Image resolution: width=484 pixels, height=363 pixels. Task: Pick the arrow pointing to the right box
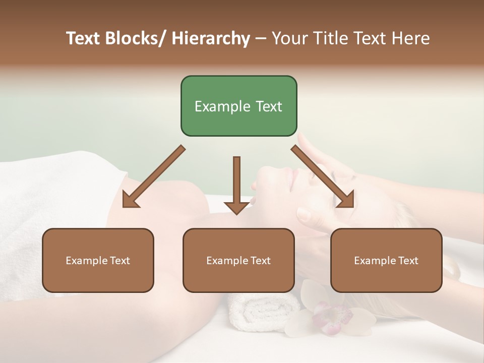click(323, 177)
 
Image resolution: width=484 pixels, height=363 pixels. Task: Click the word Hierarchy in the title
click(211, 38)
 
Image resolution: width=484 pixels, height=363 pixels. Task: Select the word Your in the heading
click(289, 38)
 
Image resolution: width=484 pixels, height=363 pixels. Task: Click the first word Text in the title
click(85, 38)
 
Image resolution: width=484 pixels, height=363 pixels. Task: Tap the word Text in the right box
click(407, 261)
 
